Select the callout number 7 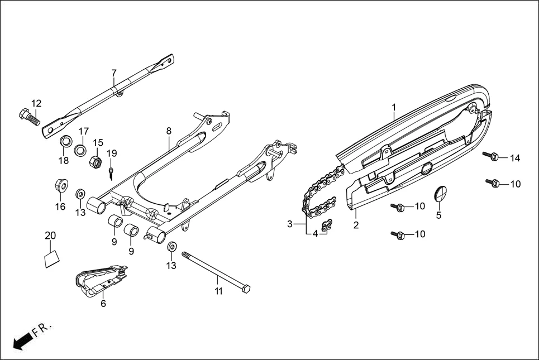pos(114,73)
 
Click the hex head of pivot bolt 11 pos(245,289)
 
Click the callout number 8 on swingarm pos(168,131)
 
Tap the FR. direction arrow pos(22,341)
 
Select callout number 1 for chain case pos(393,107)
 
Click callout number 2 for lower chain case pos(356,225)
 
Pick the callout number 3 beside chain pos(289,224)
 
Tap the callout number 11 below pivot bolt pos(218,291)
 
